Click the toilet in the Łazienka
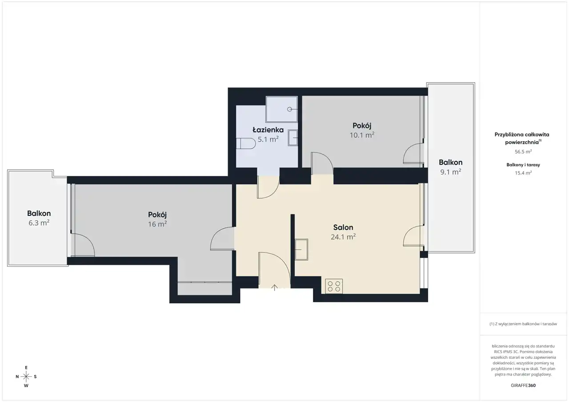[x=246, y=143]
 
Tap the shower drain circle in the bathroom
[x=289, y=109]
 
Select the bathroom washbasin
[x=293, y=138]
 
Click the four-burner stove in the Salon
[x=334, y=286]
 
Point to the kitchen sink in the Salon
[x=301, y=250]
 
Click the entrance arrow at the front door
[x=274, y=287]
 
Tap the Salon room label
[x=343, y=227]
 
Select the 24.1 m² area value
[x=343, y=237]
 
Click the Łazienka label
[x=268, y=130]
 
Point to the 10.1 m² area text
[x=362, y=135]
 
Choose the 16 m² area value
[x=157, y=224]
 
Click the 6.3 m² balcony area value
[x=39, y=223]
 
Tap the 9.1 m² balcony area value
[x=451, y=172]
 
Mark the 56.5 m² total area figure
[x=523, y=151]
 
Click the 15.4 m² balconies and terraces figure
[x=523, y=173]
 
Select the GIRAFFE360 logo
[x=523, y=385]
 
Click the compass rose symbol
[x=26, y=377]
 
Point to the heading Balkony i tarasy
[x=523, y=165]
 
